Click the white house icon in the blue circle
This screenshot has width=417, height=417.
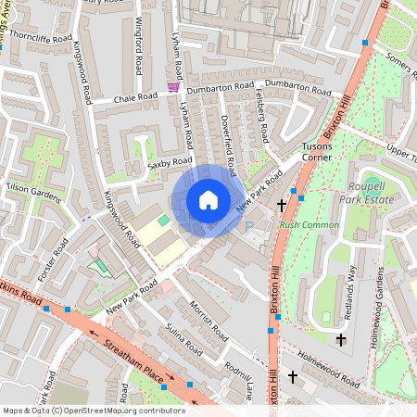coord(208,200)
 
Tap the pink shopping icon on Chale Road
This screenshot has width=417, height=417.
coord(172,87)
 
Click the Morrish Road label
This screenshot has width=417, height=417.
coord(209,319)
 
